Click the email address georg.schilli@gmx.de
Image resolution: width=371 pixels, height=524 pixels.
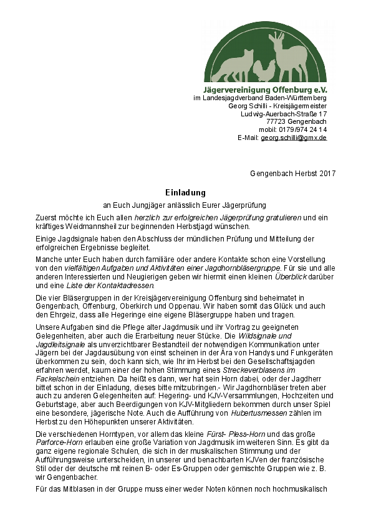(x=294, y=138)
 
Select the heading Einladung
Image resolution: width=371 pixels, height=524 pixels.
(x=185, y=193)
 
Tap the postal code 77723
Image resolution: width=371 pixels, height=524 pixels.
(x=276, y=121)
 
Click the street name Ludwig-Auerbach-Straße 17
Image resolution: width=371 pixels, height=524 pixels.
(x=284, y=114)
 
